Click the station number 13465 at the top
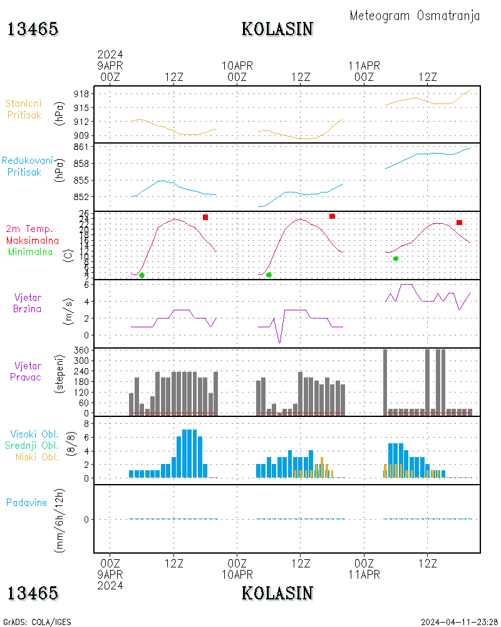click(x=33, y=29)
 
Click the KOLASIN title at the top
click(x=277, y=29)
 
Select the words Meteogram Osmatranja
click(x=415, y=16)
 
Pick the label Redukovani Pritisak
click(x=27, y=166)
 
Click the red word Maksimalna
click(x=33, y=240)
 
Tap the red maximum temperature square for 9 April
click(x=205, y=217)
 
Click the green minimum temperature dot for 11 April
click(x=396, y=258)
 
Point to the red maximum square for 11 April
click(x=459, y=223)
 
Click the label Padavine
click(x=26, y=502)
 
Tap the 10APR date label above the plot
click(x=237, y=65)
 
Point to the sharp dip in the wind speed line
click(x=279, y=342)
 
